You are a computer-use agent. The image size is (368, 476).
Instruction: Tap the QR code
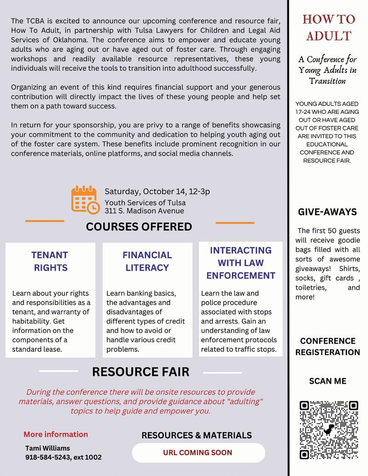pyautogui.click(x=328, y=430)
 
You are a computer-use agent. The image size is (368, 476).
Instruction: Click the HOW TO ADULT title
pyautogui.click(x=328, y=28)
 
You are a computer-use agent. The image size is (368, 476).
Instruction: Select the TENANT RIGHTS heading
pyautogui.click(x=50, y=261)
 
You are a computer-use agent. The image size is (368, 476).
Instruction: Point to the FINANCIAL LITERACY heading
pyautogui.click(x=147, y=261)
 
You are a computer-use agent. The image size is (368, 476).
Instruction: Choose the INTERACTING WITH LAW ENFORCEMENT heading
pyautogui.click(x=241, y=263)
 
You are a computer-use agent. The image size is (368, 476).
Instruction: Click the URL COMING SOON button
pyautogui.click(x=198, y=453)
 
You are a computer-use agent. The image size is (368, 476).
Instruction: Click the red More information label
pyautogui.click(x=56, y=434)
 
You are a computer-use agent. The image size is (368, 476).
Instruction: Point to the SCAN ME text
pyautogui.click(x=328, y=381)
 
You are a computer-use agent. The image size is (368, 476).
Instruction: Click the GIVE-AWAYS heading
pyautogui.click(x=328, y=212)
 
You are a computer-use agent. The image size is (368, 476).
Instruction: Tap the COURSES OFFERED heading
pyautogui.click(x=139, y=227)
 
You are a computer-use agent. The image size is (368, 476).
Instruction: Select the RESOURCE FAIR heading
pyautogui.click(x=141, y=372)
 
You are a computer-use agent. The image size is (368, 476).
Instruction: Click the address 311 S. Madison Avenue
pyautogui.click(x=144, y=211)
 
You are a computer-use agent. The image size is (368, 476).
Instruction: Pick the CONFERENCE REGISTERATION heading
pyautogui.click(x=328, y=347)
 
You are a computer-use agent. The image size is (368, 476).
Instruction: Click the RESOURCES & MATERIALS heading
pyautogui.click(x=196, y=435)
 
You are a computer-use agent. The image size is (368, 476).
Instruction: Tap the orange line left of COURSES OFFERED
pyautogui.click(x=45, y=221)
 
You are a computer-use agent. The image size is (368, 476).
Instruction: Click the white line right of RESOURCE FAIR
pyautogui.click(x=222, y=373)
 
